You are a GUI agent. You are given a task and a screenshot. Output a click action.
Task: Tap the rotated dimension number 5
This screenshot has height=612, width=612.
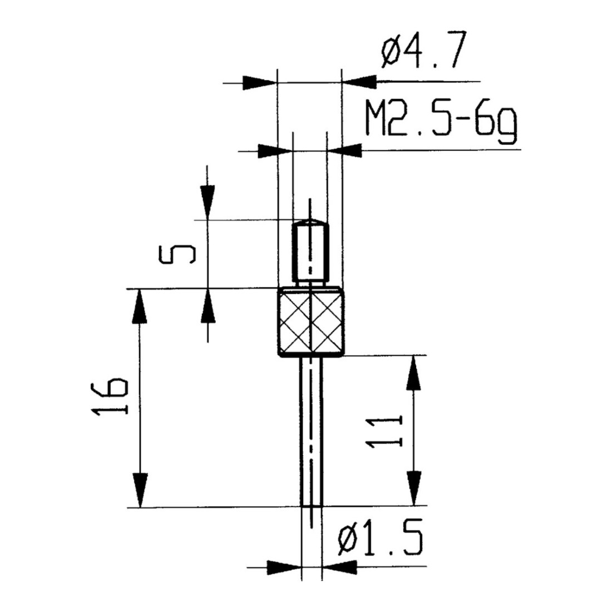coord(177,254)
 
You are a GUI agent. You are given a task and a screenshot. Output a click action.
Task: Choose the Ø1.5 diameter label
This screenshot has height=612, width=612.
coord(381,537)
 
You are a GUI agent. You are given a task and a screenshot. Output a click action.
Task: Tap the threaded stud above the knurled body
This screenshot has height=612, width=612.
coord(310,253)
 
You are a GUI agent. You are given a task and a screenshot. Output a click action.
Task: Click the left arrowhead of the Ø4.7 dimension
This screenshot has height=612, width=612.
coord(260,83)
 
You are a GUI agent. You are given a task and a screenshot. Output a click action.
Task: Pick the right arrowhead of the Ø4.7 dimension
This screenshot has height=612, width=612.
coord(359,82)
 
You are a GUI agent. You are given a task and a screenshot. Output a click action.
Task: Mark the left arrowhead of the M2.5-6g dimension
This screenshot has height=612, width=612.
coord(275,151)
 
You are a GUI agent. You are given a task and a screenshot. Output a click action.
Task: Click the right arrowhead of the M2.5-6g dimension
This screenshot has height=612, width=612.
coord(344,151)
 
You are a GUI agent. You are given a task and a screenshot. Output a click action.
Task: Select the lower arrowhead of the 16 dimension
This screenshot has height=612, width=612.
coord(139,490)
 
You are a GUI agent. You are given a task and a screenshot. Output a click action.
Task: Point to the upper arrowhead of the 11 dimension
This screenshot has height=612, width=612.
coord(414,373)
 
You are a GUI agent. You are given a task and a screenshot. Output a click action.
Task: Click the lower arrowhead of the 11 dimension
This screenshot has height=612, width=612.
coord(414,488)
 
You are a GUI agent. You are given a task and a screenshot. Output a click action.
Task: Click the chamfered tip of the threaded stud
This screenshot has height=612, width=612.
coord(310,223)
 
